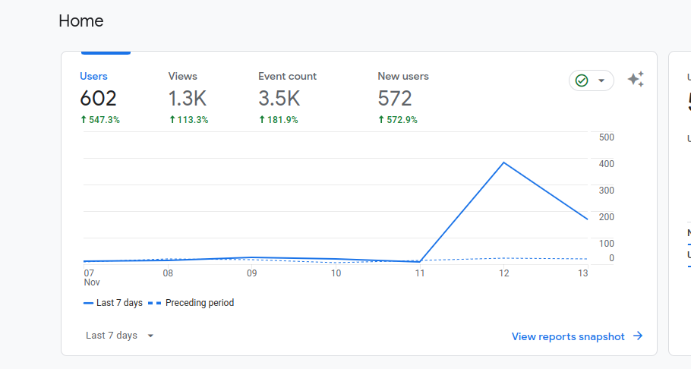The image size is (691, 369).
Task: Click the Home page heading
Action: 81,21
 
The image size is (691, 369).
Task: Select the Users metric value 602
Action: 99,99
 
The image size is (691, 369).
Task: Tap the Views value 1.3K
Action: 188,99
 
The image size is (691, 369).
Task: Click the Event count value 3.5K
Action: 279,99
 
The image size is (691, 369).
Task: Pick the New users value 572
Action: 395,99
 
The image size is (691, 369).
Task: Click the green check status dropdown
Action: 591,80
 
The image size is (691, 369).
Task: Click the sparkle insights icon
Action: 636,80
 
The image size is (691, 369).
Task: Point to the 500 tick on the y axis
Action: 607,137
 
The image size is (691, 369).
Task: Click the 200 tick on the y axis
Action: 607,217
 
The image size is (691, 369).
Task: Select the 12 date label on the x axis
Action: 503,273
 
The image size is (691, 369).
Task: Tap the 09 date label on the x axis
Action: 251,273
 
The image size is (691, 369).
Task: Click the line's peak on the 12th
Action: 503,162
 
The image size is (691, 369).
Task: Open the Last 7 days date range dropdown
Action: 120,336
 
